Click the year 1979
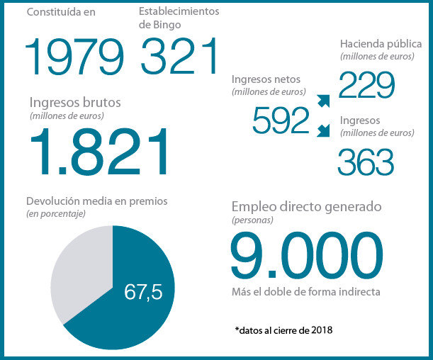click(74, 56)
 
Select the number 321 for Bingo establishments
click(179, 56)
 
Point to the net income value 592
click(281, 120)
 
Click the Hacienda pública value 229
click(366, 85)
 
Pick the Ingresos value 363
click(366, 162)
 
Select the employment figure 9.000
click(307, 254)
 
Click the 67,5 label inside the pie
click(143, 292)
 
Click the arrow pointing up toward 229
click(323, 101)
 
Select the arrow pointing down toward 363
click(323, 130)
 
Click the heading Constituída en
click(61, 12)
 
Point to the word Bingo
click(167, 25)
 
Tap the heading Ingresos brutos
click(75, 103)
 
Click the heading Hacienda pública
click(381, 44)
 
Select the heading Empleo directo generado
click(307, 207)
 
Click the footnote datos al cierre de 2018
click(284, 330)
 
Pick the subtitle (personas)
click(252, 220)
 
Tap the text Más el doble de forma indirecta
click(306, 292)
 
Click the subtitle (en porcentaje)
click(56, 214)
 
